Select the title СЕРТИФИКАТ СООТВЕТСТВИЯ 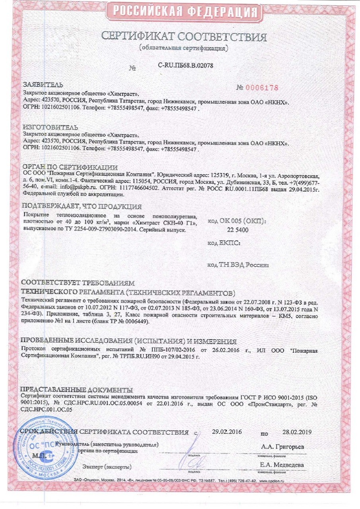(183, 37)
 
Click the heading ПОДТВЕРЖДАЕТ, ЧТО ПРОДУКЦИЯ (81, 206)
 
